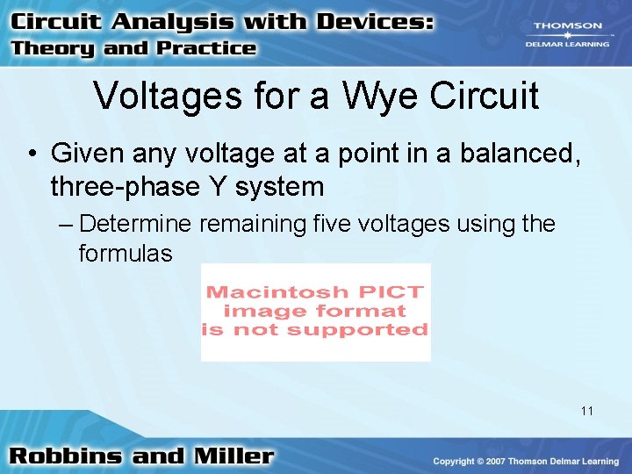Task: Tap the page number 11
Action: click(x=587, y=410)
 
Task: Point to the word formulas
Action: click(x=126, y=254)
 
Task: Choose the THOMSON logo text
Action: click(x=568, y=26)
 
